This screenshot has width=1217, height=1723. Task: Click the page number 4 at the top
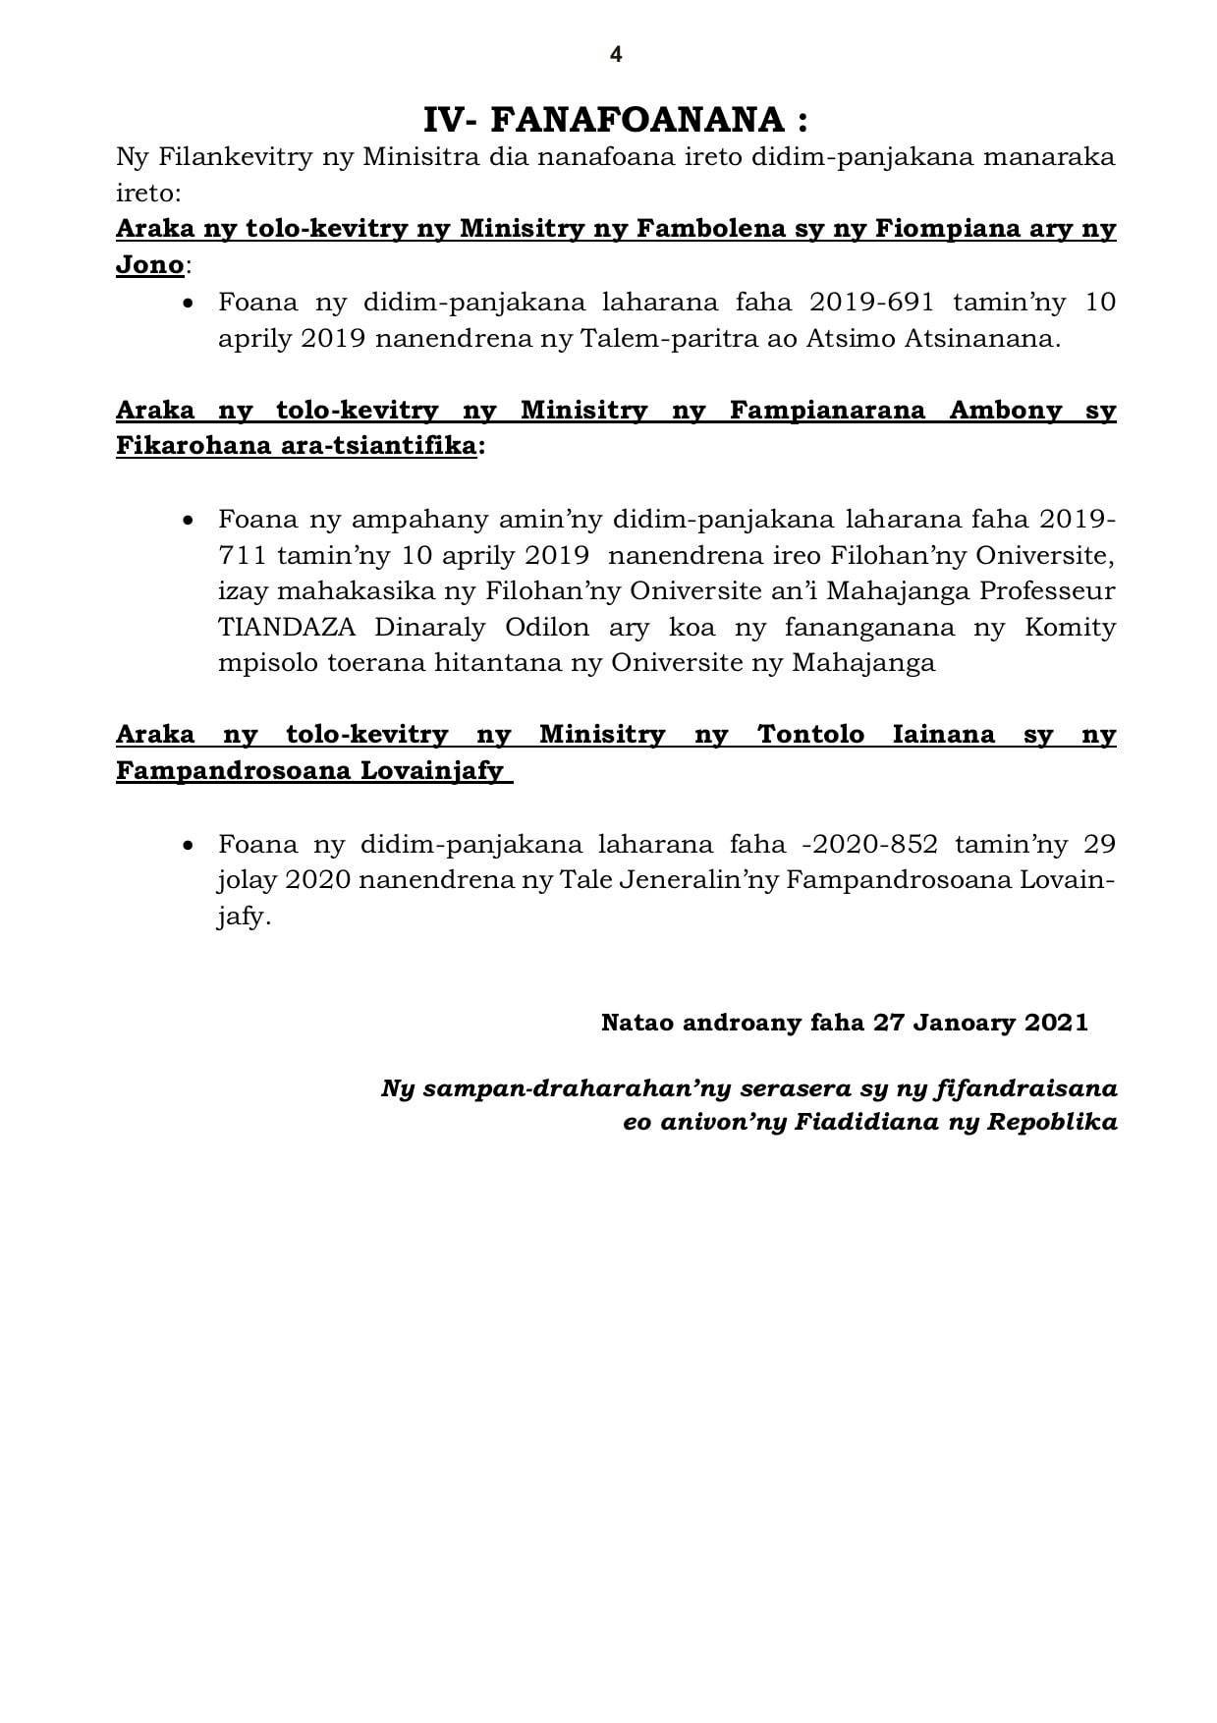[616, 55]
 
